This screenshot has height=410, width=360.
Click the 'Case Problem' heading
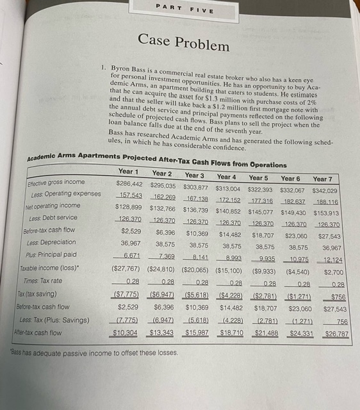point(183,44)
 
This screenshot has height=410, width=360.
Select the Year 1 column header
point(128,171)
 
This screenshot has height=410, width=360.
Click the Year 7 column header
point(322,179)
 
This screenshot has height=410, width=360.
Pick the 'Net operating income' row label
point(53,206)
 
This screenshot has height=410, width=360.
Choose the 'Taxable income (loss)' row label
point(50,269)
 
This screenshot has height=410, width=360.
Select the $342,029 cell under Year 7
point(325,191)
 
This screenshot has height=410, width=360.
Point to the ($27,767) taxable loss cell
point(126,269)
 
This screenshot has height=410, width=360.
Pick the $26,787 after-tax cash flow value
point(332,334)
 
